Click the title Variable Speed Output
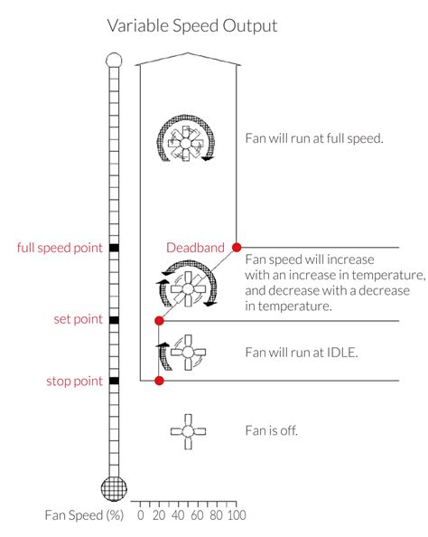click(x=192, y=26)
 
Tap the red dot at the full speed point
click(x=237, y=247)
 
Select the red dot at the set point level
click(x=159, y=321)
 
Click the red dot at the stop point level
click(x=159, y=381)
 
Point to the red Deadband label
click(x=195, y=248)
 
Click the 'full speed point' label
click(x=60, y=248)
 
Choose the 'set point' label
click(x=78, y=319)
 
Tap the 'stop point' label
click(x=74, y=381)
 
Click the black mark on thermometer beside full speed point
click(x=115, y=248)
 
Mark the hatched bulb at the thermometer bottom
click(x=114, y=488)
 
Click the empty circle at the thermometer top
click(x=114, y=61)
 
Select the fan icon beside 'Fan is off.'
click(x=188, y=431)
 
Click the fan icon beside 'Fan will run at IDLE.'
click(x=183, y=353)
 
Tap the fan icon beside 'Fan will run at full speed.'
click(x=186, y=138)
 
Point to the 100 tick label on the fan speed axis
click(x=237, y=515)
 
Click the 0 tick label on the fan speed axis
click(x=141, y=515)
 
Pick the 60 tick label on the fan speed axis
click(x=197, y=515)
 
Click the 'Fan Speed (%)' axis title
click(x=84, y=515)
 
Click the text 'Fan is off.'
click(x=272, y=430)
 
